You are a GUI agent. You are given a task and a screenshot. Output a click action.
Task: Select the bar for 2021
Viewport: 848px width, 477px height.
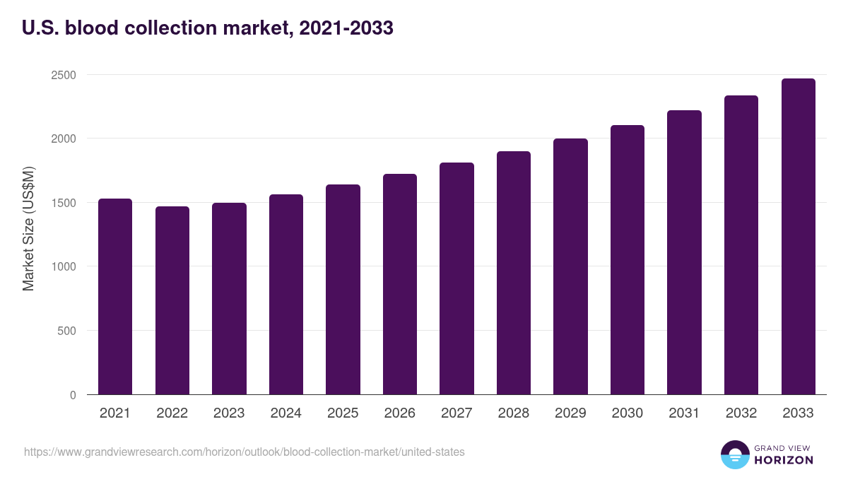coord(115,297)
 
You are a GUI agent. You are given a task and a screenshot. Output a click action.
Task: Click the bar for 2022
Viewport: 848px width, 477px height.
coord(172,300)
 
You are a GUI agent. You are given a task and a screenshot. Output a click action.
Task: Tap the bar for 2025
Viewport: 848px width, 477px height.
coord(343,290)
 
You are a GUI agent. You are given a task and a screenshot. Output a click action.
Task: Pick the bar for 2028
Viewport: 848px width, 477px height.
coord(514,273)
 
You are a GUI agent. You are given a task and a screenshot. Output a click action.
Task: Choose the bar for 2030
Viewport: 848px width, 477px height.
coord(628,260)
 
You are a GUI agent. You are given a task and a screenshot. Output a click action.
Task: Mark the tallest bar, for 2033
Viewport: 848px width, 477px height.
coord(799,237)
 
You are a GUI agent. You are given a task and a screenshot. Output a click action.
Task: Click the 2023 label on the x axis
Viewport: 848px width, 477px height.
coord(229,413)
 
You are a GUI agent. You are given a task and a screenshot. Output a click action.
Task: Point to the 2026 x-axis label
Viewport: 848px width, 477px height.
coord(400,413)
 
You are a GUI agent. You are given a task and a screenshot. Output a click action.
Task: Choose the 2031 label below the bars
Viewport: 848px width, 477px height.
coord(684,413)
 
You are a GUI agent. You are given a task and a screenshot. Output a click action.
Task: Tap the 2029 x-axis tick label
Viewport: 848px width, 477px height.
coord(570,413)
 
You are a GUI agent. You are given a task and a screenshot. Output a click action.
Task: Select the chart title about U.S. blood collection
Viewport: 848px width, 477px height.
coord(208,28)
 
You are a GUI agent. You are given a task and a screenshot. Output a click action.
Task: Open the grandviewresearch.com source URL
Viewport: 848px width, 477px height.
coord(245,452)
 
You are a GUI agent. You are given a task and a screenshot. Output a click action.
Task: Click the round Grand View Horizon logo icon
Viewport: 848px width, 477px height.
coord(735,454)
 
